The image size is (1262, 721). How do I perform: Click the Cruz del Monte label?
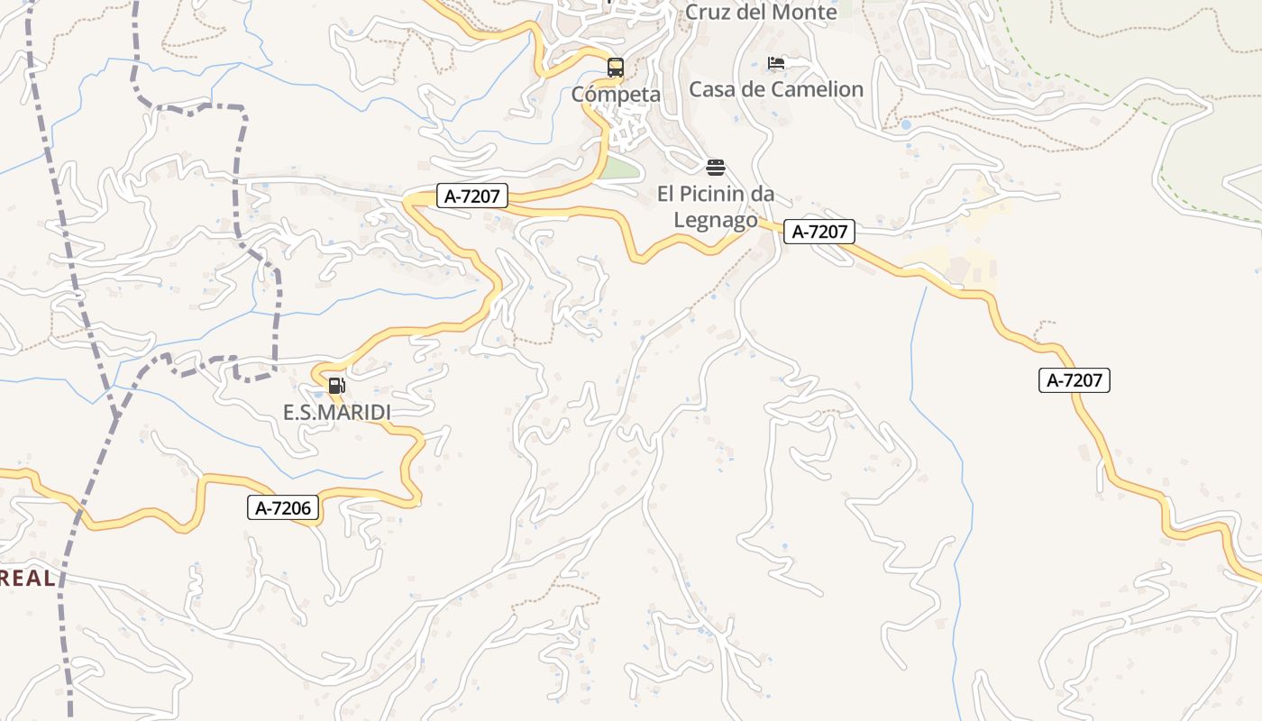(761, 13)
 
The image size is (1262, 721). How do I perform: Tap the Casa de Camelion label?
(776, 89)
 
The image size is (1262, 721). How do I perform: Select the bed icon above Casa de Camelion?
(776, 63)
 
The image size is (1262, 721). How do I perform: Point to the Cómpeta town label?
(616, 95)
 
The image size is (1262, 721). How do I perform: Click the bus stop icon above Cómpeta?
(616, 68)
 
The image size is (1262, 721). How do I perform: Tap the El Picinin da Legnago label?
(716, 206)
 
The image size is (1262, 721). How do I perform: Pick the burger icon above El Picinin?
(716, 168)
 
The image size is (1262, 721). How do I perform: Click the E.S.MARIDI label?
(337, 413)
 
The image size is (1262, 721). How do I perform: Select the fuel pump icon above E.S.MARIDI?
(336, 386)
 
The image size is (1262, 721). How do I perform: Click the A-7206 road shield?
(283, 508)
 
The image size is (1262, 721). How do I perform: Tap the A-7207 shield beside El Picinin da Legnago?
(818, 232)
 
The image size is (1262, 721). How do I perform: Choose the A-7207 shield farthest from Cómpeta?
(1074, 380)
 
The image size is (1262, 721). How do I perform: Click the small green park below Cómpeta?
(619, 169)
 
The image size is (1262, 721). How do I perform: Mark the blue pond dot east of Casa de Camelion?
(906, 125)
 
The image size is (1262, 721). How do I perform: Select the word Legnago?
(716, 220)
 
